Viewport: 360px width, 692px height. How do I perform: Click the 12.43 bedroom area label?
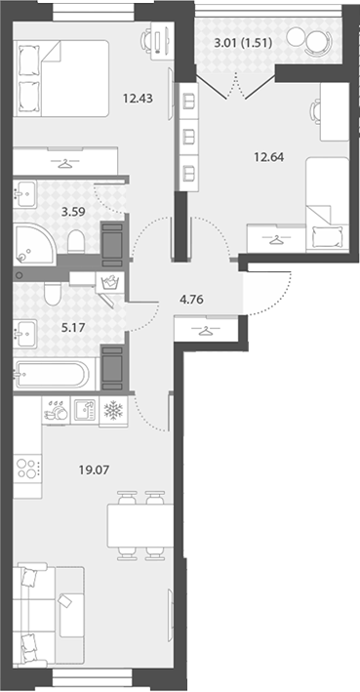pyautogui.click(x=139, y=99)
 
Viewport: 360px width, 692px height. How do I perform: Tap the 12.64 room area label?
pyautogui.click(x=268, y=156)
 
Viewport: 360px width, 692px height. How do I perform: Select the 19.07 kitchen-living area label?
pyautogui.click(x=94, y=470)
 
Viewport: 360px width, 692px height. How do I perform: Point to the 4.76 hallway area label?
pyautogui.click(x=191, y=301)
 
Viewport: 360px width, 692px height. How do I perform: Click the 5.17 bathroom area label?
pyautogui.click(x=73, y=328)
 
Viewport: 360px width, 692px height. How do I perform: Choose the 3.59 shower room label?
pyautogui.click(x=73, y=211)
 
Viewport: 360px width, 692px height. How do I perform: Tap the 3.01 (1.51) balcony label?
pyautogui.click(x=242, y=43)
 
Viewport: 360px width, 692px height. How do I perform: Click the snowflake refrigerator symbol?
pyautogui.click(x=113, y=411)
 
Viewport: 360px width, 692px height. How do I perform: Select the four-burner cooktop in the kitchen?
pyautogui.click(x=27, y=468)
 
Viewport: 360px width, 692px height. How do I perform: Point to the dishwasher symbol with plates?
pyautogui.click(x=56, y=411)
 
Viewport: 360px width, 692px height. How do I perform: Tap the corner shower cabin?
pyautogui.click(x=34, y=244)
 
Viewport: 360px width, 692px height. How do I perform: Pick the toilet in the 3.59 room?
pyautogui.click(x=76, y=241)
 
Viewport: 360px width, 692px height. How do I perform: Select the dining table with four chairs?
pyautogui.click(x=140, y=526)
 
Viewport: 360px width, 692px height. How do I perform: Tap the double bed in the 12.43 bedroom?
pyautogui.click(x=60, y=78)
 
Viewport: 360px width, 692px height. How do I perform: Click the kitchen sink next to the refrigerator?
pyautogui.click(x=85, y=411)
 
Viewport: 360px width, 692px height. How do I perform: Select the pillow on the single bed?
pyautogui.click(x=327, y=237)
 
